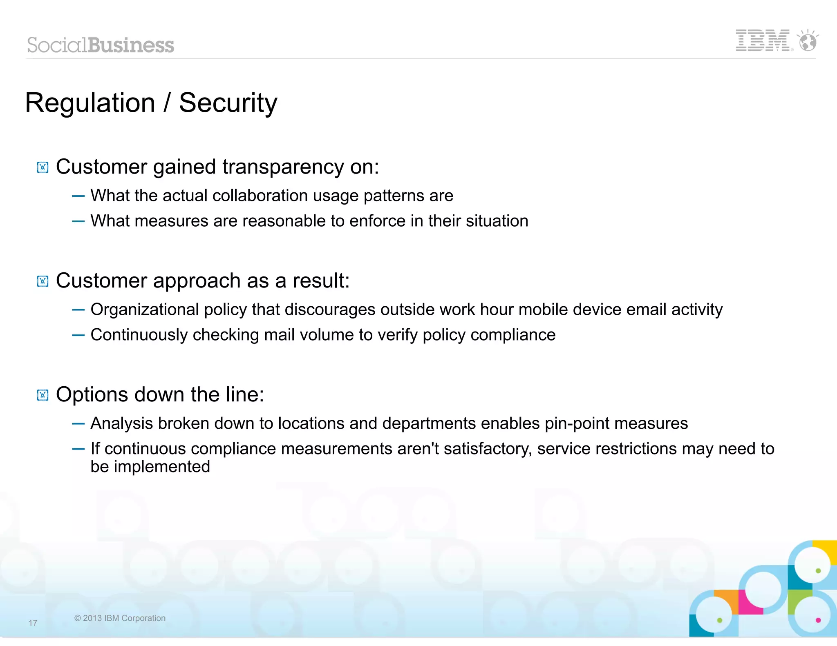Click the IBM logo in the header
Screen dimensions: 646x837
coord(763,40)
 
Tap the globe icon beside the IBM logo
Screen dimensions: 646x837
coord(808,41)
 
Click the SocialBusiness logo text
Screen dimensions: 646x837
coord(101,45)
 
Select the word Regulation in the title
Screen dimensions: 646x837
coord(90,103)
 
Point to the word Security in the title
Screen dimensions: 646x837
coord(228,103)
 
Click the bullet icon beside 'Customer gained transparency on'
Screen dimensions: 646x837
coord(43,167)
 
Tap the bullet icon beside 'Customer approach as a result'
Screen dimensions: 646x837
coord(43,281)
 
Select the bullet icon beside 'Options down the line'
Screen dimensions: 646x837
coord(43,395)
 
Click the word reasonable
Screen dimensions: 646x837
coord(284,221)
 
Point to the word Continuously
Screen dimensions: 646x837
coord(139,335)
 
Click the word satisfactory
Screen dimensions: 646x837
coord(488,449)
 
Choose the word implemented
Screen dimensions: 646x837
coord(162,467)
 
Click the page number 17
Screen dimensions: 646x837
coord(33,623)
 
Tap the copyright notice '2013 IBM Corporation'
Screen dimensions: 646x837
coord(120,618)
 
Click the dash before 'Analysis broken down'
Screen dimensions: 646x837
coord(78,424)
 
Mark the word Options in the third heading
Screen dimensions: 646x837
coord(92,395)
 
